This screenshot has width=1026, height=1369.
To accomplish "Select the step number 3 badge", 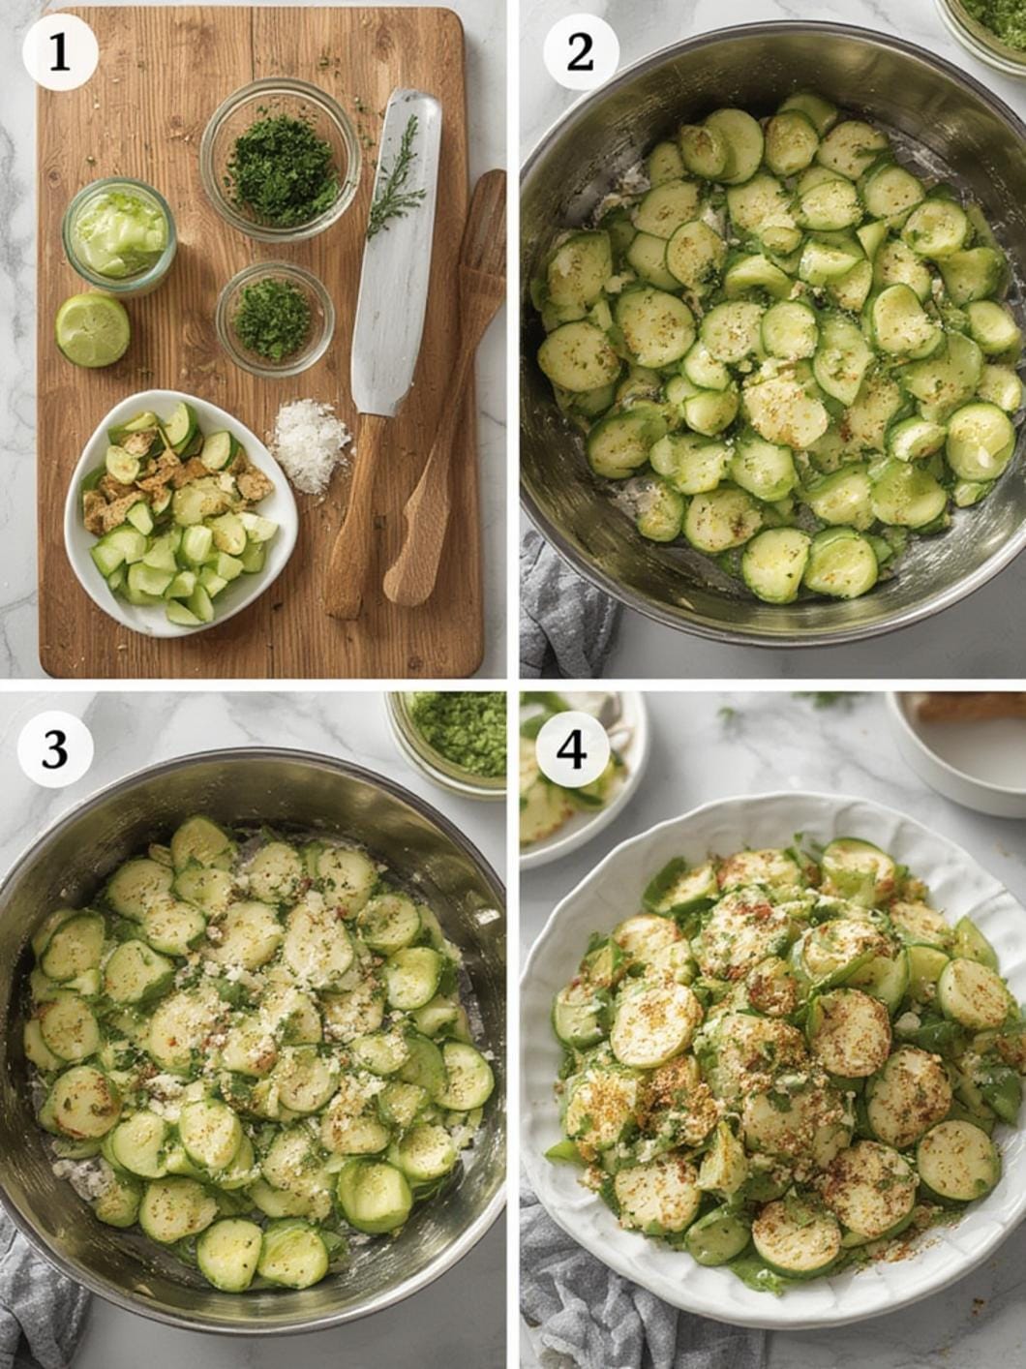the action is pyautogui.click(x=55, y=749).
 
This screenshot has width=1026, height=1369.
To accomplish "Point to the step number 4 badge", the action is pyautogui.click(x=572, y=749).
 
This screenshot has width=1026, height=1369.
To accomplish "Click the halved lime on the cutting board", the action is pyautogui.click(x=93, y=330).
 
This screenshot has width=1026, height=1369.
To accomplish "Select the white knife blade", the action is pyautogui.click(x=395, y=251).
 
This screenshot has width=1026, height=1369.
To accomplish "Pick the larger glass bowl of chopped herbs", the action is pyautogui.click(x=281, y=159).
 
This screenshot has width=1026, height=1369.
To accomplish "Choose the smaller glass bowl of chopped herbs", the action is pyautogui.click(x=275, y=319).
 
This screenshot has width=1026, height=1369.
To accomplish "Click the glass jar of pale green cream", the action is pyautogui.click(x=119, y=236).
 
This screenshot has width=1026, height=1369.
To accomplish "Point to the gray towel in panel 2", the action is pyautogui.click(x=564, y=605).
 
